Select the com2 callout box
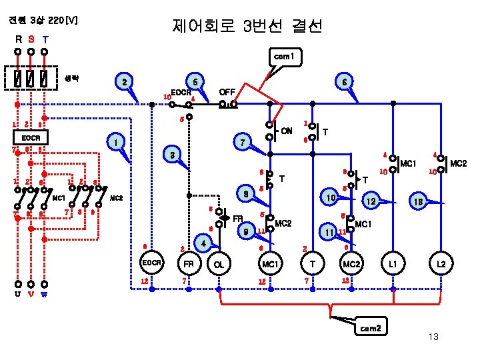coord(370,328)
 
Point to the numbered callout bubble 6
coord(343,82)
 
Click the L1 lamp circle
coord(393,265)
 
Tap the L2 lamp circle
coord(441,265)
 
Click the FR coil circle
coord(189,265)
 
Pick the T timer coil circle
coord(312,265)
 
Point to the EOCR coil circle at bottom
coord(151,263)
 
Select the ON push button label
coord(286,130)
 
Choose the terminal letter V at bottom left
coord(31,294)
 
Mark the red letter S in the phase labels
coord(31,39)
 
